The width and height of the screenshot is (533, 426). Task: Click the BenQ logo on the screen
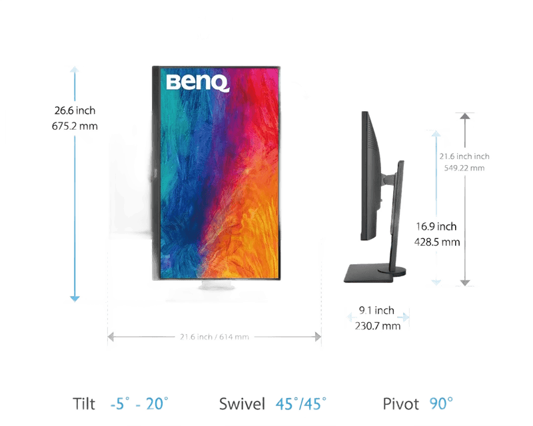pos(198,83)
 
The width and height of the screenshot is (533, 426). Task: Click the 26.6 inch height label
pos(75,110)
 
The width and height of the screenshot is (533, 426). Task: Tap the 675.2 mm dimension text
pos(75,126)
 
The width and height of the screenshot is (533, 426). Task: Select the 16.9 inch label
pos(436,226)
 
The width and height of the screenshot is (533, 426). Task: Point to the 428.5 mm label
pos(437,242)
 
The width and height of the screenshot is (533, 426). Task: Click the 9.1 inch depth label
pos(376,310)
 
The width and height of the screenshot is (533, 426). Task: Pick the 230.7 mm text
pos(378,325)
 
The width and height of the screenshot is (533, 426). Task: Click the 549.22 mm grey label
pos(464,168)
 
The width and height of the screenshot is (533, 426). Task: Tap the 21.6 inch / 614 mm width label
pos(215,337)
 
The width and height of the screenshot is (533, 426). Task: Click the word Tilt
pos(84,404)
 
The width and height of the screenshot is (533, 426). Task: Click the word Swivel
pos(242,404)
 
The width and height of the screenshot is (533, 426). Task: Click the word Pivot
pos(401,404)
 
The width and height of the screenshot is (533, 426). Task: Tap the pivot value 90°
pos(441,403)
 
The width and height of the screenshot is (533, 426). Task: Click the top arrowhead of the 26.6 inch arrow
pos(75,69)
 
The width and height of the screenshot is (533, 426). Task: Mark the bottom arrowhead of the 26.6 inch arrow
pos(75,299)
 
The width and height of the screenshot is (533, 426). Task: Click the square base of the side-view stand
pos(369,274)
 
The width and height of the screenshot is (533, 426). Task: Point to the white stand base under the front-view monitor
pos(217,286)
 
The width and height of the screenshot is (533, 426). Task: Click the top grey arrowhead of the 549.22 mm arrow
pos(465,116)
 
